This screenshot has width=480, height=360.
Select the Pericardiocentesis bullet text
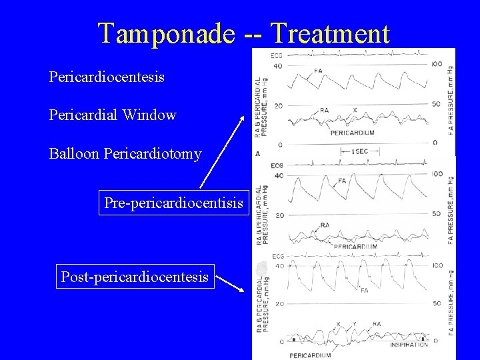pyautogui.click(x=107, y=77)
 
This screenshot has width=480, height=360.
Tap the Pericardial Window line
pyautogui.click(x=113, y=115)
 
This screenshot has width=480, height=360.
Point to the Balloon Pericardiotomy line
pyautogui.click(x=125, y=154)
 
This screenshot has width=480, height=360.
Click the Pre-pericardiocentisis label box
pyautogui.click(x=173, y=203)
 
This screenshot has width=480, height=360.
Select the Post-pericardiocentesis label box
pyautogui.click(x=135, y=277)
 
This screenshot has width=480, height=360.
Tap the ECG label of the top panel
pyautogui.click(x=277, y=55)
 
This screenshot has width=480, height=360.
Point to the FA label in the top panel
pyautogui.click(x=318, y=71)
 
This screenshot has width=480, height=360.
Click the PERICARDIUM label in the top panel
pyautogui.click(x=352, y=133)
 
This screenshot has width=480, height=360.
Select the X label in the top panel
pyautogui.click(x=355, y=110)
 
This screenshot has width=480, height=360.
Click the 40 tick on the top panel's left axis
pyautogui.click(x=277, y=66)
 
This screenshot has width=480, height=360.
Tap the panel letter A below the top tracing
pyautogui.click(x=258, y=153)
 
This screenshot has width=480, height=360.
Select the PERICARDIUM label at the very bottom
pyautogui.click(x=309, y=355)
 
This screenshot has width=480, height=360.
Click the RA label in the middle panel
pyautogui.click(x=325, y=225)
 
